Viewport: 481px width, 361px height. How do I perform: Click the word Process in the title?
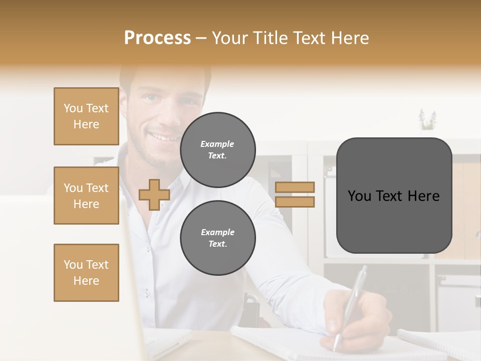157,38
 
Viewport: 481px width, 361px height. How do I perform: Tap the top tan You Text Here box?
86,116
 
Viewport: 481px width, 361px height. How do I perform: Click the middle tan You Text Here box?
86,196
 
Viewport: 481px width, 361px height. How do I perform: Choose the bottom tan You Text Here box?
86,273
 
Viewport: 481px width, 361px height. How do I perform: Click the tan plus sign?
154,195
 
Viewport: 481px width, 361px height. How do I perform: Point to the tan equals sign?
295,195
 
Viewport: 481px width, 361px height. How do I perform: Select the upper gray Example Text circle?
218,150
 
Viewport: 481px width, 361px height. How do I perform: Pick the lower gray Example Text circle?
218,238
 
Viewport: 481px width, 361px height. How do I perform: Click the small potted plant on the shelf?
427,120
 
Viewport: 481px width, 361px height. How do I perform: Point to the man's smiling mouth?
163,136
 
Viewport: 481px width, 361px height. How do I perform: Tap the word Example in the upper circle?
217,144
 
